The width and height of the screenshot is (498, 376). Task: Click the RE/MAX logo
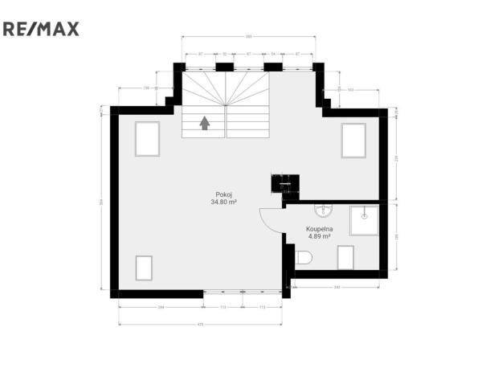(41, 30)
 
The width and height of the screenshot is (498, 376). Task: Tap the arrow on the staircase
(205, 123)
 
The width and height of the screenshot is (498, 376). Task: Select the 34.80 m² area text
(223, 202)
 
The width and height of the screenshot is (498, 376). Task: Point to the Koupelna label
(320, 230)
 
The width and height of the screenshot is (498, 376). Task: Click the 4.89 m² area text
(320, 237)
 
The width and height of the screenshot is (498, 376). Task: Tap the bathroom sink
(325, 210)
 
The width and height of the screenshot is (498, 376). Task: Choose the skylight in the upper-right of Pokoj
(353, 141)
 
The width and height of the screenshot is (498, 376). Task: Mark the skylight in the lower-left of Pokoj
(144, 267)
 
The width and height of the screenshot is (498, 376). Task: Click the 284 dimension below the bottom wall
(161, 308)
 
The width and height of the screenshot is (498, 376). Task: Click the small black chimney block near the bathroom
(284, 183)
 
